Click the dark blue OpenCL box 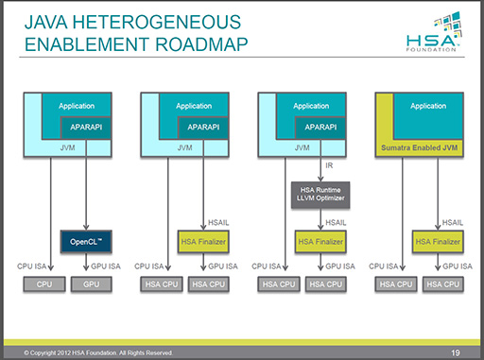coord(86,242)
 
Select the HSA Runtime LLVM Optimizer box coord(320,195)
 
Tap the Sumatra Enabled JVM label coord(419,147)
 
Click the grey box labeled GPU coord(92,284)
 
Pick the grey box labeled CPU coord(44,284)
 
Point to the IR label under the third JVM coord(329,165)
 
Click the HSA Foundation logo coord(434,31)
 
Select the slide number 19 coord(456,352)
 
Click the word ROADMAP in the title coord(201,44)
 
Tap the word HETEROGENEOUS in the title coord(157,22)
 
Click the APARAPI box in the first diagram coord(86,128)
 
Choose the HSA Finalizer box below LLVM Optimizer coord(320,242)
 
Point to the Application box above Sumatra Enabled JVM coord(428,115)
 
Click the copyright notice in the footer coord(98,352)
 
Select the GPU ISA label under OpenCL coord(106,266)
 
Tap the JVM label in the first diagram coord(67,147)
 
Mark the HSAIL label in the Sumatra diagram coord(453,223)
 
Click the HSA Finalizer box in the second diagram coord(203,242)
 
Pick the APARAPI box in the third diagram coord(320,128)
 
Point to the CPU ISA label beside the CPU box coord(32,266)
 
